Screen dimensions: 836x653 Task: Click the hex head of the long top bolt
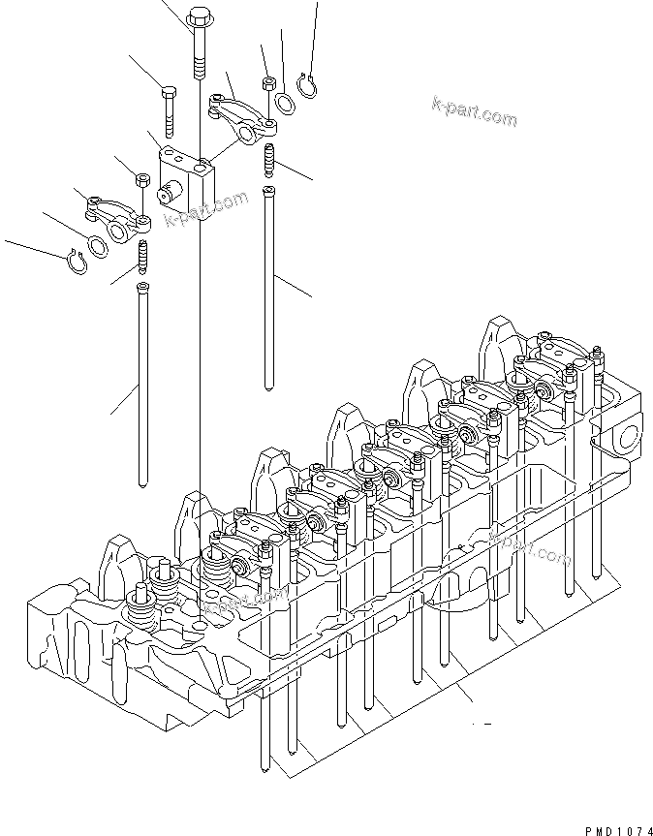click(200, 18)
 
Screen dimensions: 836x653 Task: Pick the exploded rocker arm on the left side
click(113, 212)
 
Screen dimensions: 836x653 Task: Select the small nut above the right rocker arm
click(267, 80)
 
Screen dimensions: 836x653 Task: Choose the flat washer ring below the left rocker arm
click(98, 243)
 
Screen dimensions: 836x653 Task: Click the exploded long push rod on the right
click(268, 281)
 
